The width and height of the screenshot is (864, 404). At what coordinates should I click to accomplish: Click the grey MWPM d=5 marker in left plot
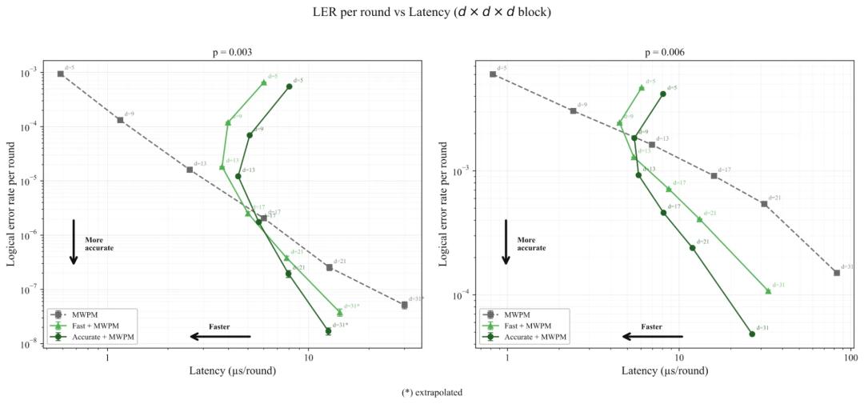pyautogui.click(x=61, y=74)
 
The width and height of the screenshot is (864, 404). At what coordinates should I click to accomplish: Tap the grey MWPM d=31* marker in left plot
pyautogui.click(x=404, y=305)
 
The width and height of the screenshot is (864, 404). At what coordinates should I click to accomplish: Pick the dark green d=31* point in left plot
pyautogui.click(x=328, y=330)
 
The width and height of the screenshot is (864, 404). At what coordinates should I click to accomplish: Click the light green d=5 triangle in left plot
pyautogui.click(x=264, y=82)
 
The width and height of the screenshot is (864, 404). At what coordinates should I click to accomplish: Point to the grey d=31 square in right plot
pyautogui.click(x=837, y=273)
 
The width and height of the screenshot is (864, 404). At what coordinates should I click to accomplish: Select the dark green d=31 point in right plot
pyautogui.click(x=752, y=334)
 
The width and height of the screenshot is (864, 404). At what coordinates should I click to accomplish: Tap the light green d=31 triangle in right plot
pyautogui.click(x=768, y=290)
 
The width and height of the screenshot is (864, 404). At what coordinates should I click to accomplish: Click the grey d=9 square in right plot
pyautogui.click(x=573, y=110)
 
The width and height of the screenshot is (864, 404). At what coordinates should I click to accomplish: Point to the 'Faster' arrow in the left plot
pyautogui.click(x=220, y=337)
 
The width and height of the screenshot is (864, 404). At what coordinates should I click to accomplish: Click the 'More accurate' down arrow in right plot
pyautogui.click(x=506, y=241)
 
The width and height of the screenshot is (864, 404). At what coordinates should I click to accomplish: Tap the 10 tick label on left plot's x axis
pyautogui.click(x=309, y=358)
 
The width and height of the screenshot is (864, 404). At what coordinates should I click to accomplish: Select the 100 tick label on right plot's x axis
pyautogui.click(x=850, y=358)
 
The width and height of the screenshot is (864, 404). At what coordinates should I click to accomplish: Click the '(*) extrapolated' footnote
pyautogui.click(x=432, y=393)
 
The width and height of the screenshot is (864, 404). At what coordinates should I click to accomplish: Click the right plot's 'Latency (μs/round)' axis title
pyautogui.click(x=665, y=371)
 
